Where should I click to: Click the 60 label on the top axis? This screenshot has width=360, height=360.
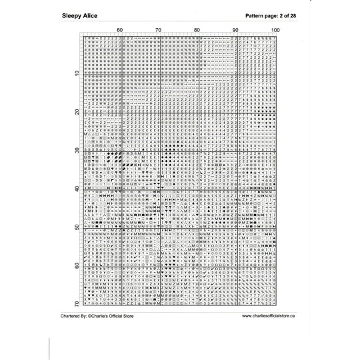click(120, 31)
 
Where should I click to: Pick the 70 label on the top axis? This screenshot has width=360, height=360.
click(159, 31)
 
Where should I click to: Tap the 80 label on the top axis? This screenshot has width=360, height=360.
click(197, 31)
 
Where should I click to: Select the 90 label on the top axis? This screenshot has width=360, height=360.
click(236, 31)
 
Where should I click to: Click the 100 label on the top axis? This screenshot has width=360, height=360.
click(273, 31)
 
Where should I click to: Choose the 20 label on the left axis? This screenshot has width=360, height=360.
click(77, 111)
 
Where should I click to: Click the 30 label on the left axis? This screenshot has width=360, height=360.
click(77, 150)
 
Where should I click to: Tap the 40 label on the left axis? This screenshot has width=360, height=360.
click(77, 189)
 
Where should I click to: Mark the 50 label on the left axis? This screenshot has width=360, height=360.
click(77, 227)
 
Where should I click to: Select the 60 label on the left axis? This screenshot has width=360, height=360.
click(77, 266)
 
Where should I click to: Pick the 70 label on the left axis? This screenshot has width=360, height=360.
click(77, 304)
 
